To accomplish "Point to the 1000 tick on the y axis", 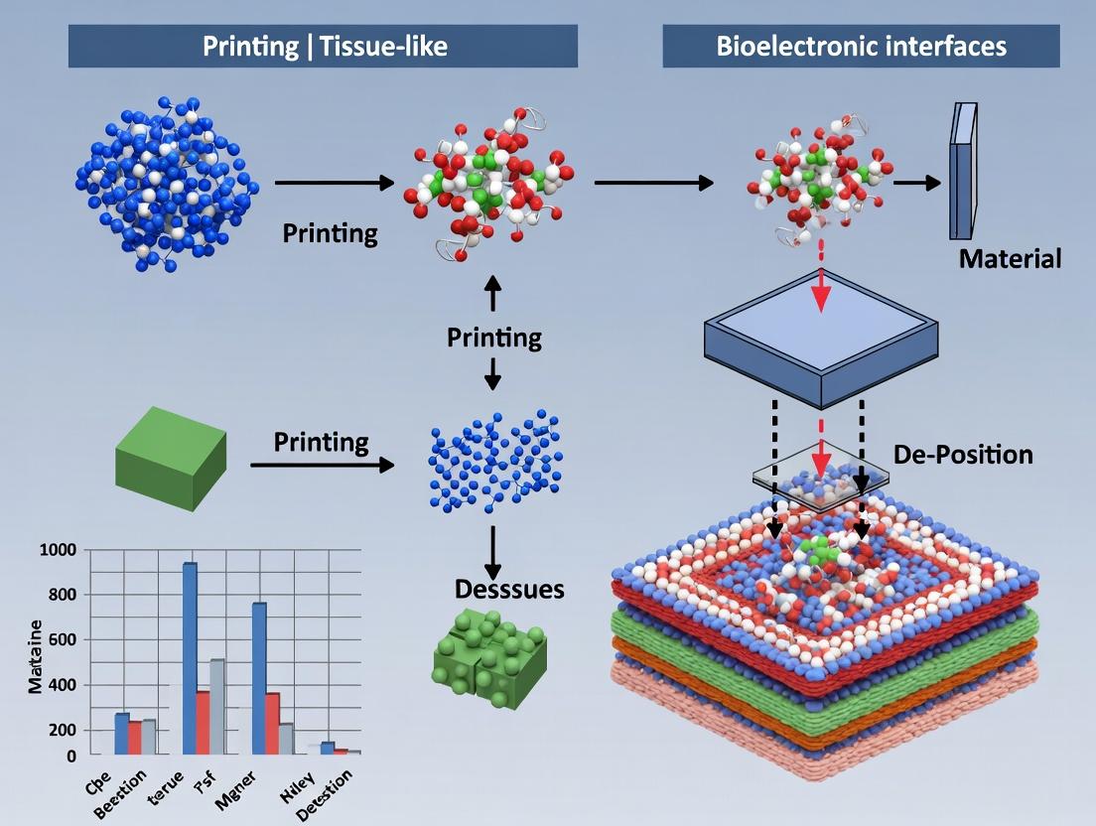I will coord(59,550).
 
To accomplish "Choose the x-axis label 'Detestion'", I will coord(331,793).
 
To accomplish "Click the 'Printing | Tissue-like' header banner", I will coord(323,47).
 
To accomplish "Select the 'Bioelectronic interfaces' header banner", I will coord(861,47).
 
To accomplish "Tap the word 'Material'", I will coord(1010,260).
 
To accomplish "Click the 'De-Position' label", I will coord(963,455).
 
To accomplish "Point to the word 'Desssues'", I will coord(509,589).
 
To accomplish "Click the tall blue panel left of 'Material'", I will coord(961,172).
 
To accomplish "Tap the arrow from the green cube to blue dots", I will coord(322,464).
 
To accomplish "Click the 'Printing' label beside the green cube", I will coord(321,441).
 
